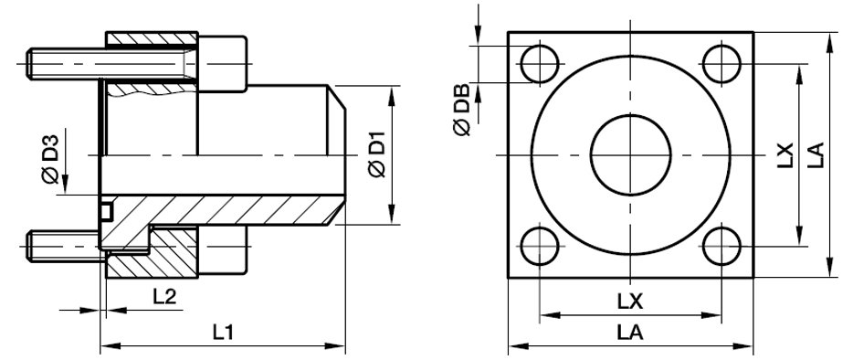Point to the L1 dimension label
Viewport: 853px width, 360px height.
(x=223, y=334)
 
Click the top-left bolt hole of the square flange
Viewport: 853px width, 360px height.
(x=538, y=64)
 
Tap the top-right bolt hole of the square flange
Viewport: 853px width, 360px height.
(x=722, y=63)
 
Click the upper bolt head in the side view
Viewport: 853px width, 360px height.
(x=223, y=62)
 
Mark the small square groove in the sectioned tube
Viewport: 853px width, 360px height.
(x=106, y=213)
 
